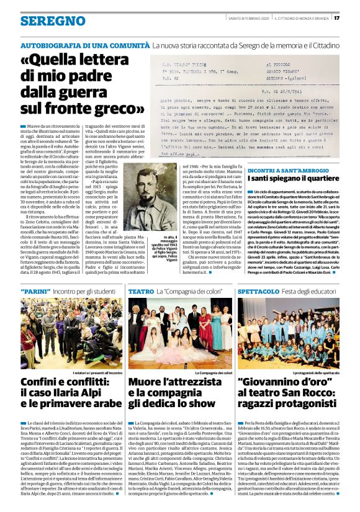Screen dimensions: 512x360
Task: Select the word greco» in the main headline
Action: [125, 108]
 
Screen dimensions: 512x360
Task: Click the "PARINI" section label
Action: [34, 290]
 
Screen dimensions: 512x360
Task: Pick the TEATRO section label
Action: [141, 290]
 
